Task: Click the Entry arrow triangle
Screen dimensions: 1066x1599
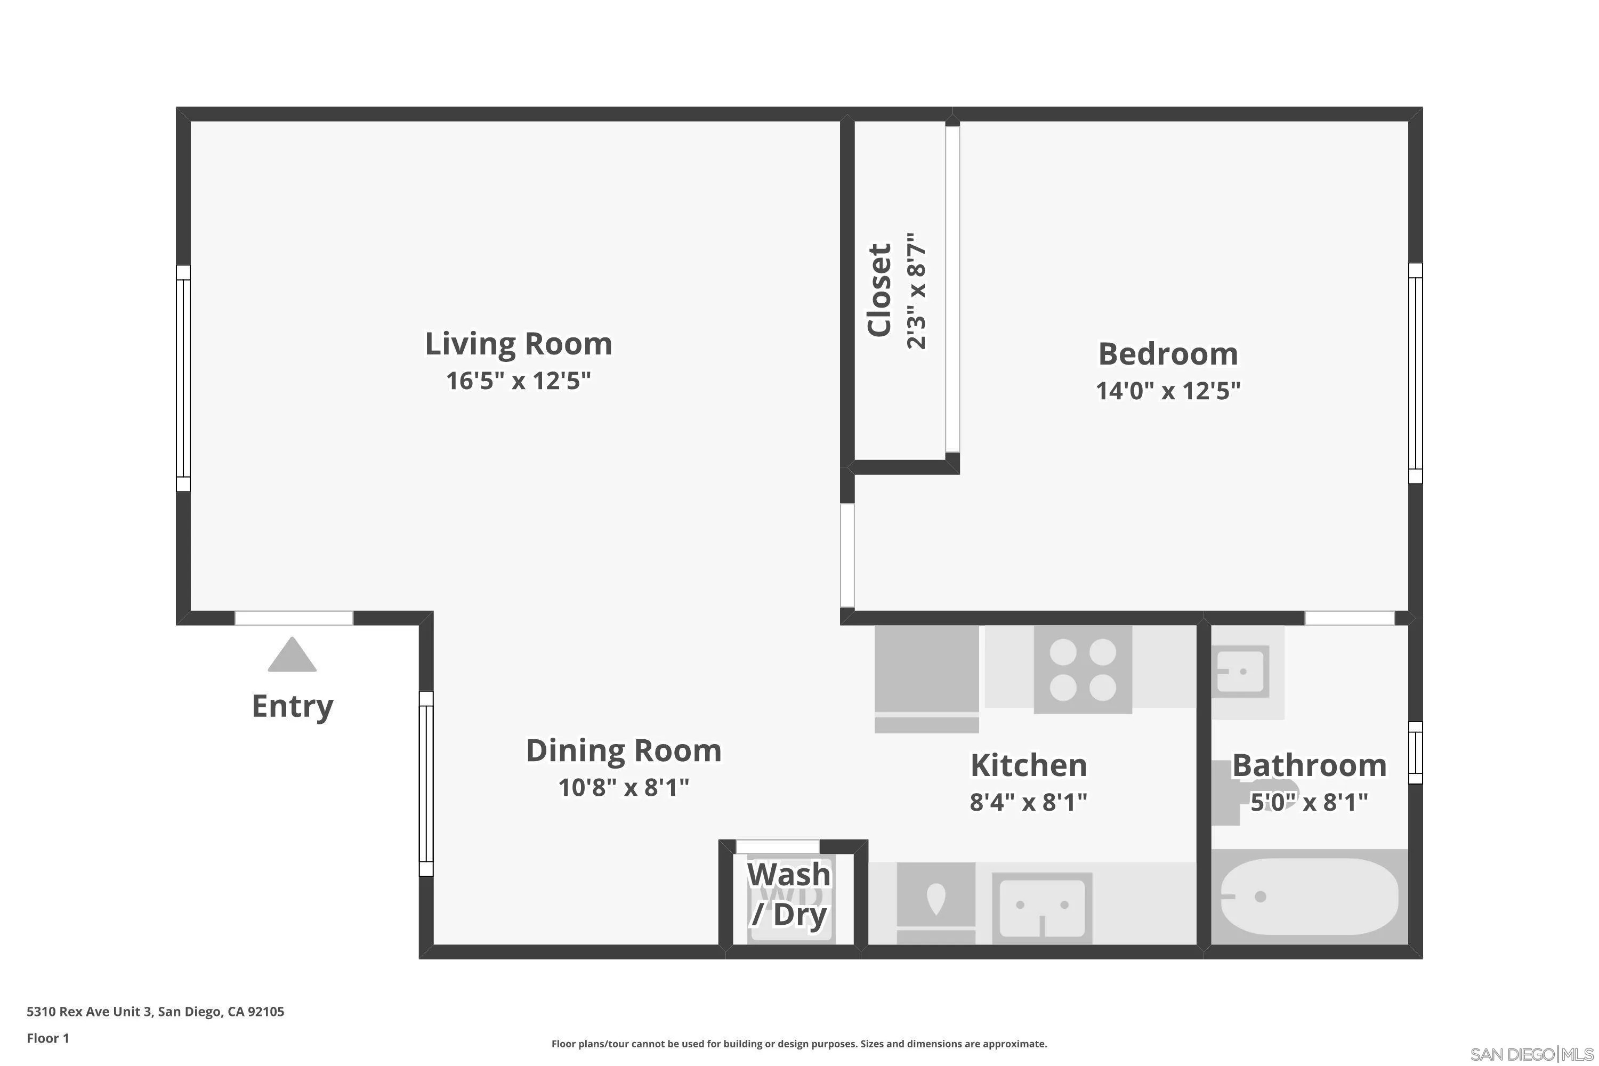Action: coord(292,656)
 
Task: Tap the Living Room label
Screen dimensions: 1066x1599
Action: coord(518,344)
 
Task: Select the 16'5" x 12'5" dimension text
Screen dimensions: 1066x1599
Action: coord(518,381)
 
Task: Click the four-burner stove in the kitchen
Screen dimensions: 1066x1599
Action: coord(1083,669)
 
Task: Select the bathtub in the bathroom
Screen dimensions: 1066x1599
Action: coord(1309,897)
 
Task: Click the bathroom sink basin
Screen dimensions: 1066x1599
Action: coord(1241,672)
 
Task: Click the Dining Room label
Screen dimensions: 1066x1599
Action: coord(624,750)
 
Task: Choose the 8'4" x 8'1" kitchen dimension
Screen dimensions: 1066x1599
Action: coord(1028,803)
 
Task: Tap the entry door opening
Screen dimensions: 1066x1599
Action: coord(294,618)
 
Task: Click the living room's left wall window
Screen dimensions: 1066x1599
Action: coord(183,378)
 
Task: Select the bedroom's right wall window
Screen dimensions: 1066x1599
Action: coord(1415,373)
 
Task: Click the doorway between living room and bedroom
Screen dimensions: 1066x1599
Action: coord(847,555)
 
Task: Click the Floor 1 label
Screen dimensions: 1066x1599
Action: coord(47,1038)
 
